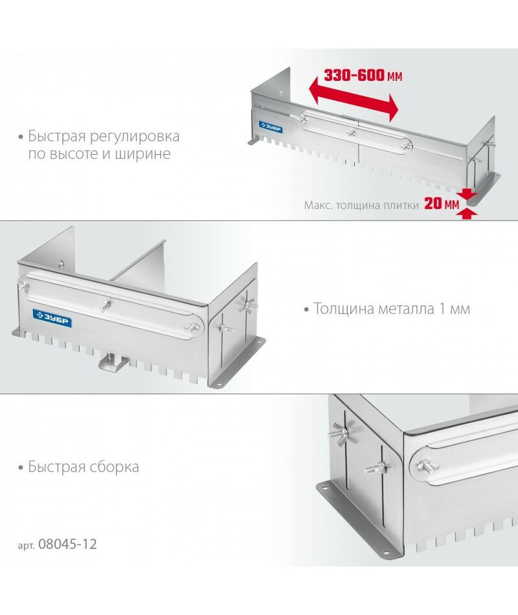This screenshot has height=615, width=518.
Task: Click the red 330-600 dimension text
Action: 363,75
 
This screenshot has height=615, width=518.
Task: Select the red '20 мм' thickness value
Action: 442,203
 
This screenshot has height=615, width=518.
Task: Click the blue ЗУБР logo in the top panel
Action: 271,126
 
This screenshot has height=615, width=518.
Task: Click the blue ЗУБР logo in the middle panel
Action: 52,318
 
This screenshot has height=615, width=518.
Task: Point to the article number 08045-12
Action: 67,544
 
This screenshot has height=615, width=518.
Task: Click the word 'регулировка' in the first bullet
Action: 135,137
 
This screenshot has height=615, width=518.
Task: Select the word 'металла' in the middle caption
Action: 407,309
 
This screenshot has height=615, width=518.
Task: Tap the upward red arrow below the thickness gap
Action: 467,214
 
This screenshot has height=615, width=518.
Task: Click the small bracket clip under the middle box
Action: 113,362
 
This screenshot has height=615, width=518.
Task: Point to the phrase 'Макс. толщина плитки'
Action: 361,205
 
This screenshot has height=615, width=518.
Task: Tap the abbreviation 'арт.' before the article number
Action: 27,545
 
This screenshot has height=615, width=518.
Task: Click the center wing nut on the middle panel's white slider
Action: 105,306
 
